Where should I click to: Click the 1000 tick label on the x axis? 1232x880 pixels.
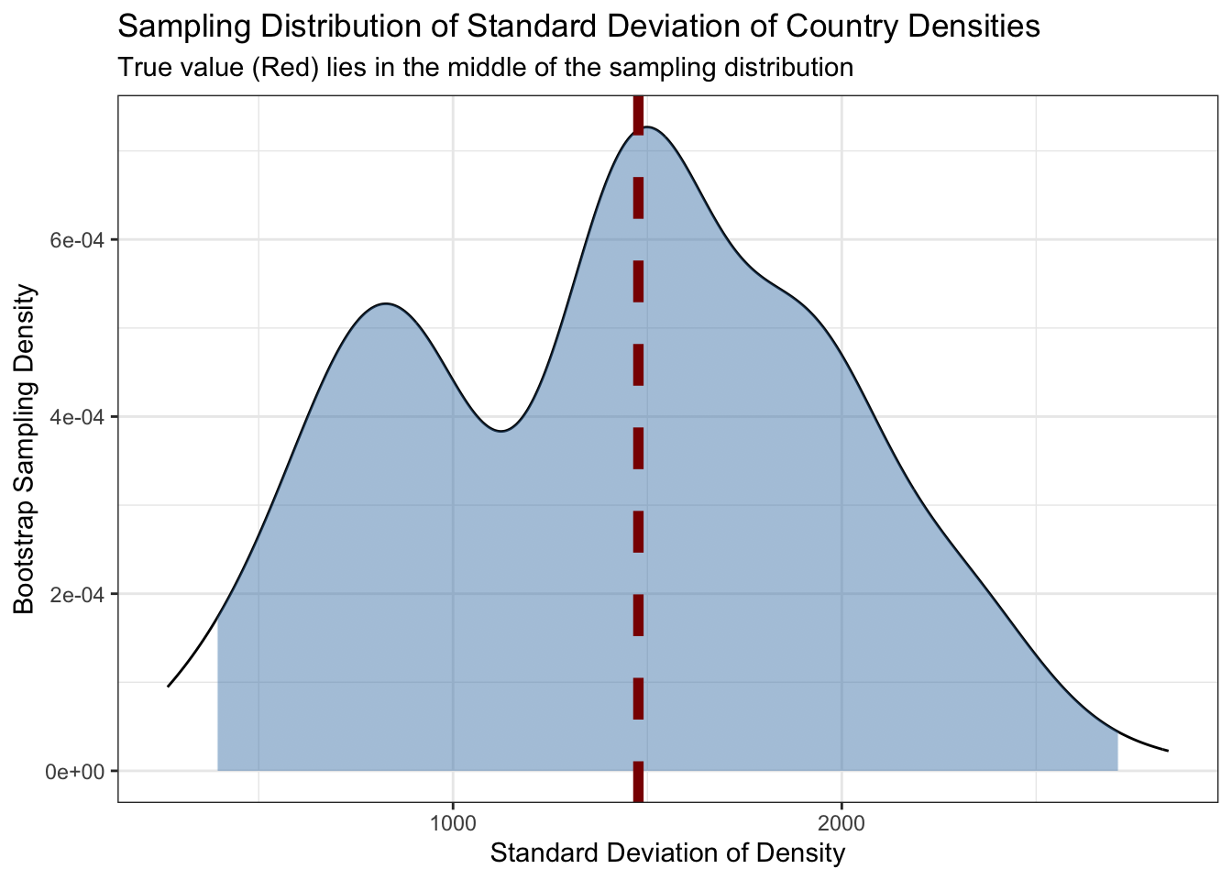click(x=453, y=824)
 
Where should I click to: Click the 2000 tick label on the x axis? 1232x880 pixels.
click(x=841, y=824)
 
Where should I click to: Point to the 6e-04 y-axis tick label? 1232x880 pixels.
click(x=77, y=240)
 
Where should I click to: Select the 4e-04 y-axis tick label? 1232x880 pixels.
click(x=77, y=417)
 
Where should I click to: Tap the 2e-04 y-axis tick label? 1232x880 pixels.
click(x=77, y=595)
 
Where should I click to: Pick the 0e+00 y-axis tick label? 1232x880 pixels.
click(x=75, y=772)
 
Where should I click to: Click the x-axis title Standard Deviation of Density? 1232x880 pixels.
click(x=667, y=853)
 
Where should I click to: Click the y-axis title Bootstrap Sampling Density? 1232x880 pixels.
click(x=25, y=449)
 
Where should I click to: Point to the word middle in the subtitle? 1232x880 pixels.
click(x=479, y=68)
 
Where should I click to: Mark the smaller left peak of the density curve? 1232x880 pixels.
click(x=386, y=303)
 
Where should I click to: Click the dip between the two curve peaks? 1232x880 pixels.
click(x=501, y=431)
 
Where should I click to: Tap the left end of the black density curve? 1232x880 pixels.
click(x=168, y=686)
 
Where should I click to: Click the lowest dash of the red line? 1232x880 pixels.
click(x=638, y=782)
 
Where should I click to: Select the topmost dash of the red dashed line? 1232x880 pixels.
click(x=638, y=115)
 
